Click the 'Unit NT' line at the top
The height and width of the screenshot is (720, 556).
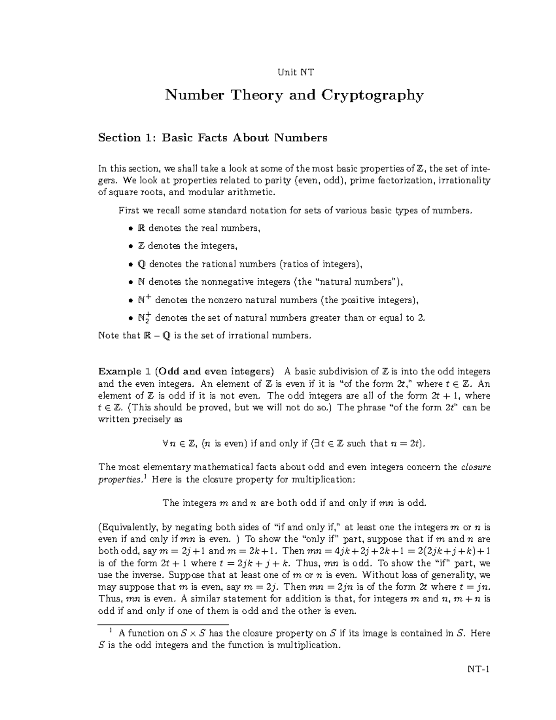[x=295, y=72]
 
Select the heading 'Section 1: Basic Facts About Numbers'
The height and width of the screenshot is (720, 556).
[x=213, y=138]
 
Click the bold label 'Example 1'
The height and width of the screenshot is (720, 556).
[x=124, y=371]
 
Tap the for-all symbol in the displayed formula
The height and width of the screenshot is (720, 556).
[x=166, y=444]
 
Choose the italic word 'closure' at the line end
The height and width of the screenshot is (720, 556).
[x=476, y=467]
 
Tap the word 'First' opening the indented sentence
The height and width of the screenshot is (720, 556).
[x=128, y=210]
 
